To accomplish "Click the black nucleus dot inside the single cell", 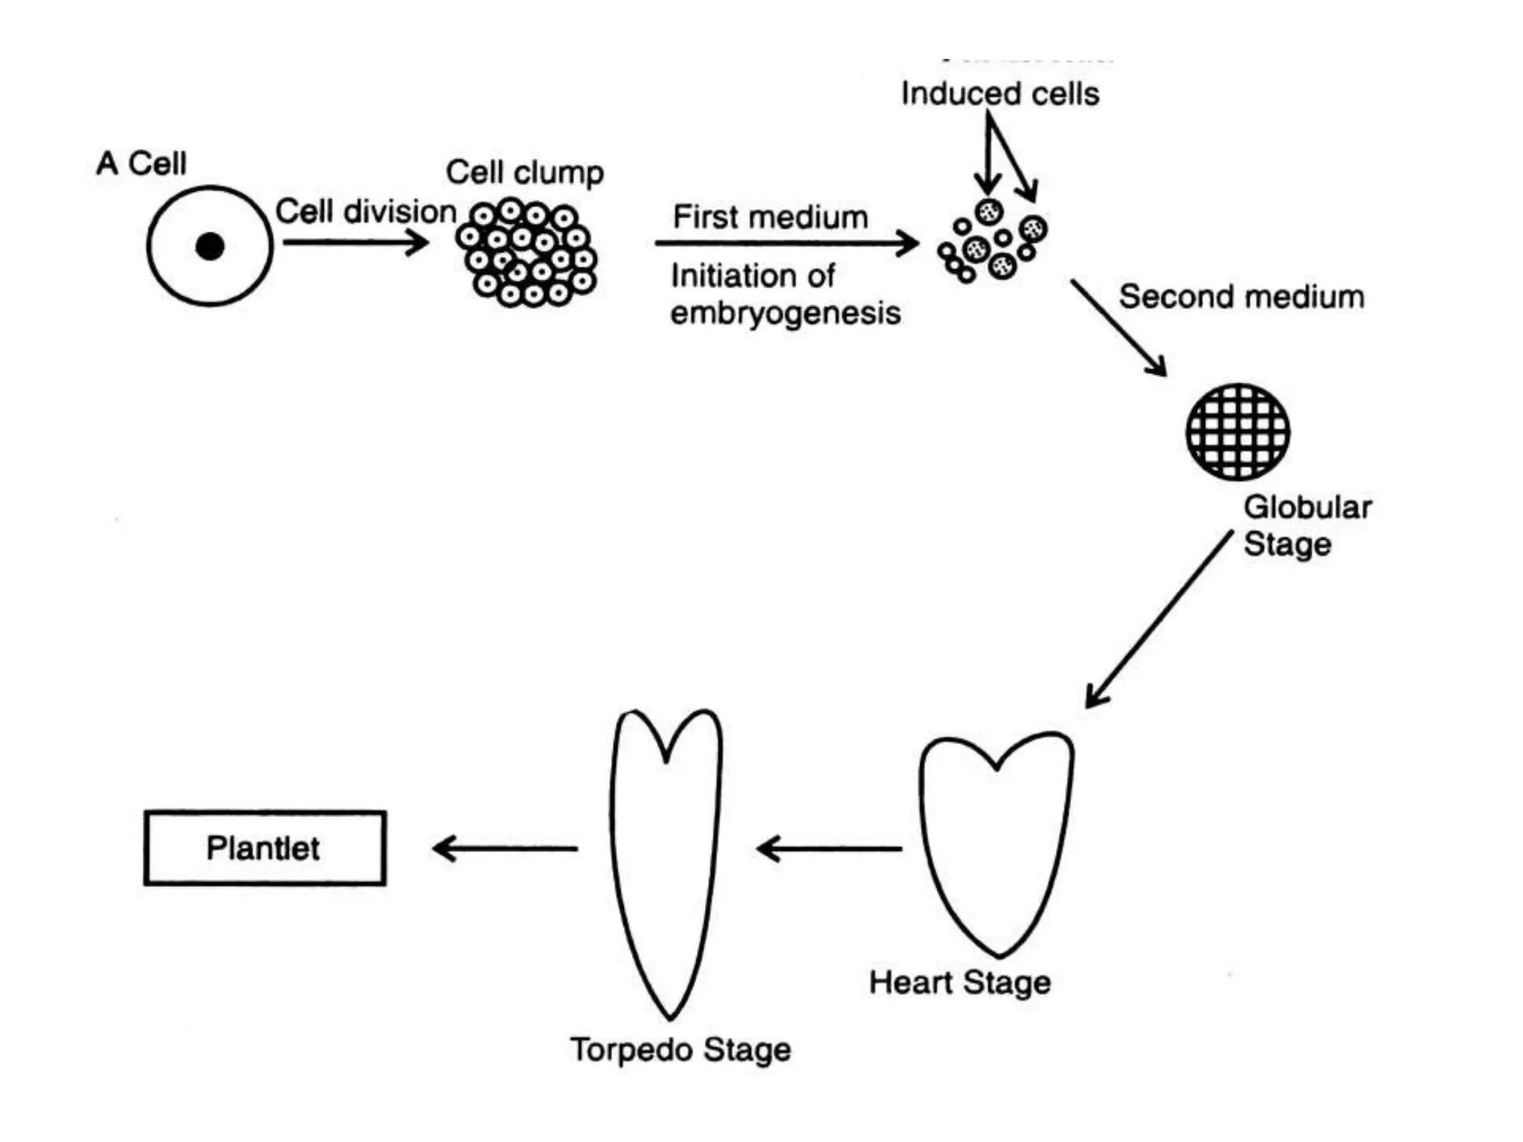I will click(210, 246).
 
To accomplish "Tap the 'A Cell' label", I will click(141, 164).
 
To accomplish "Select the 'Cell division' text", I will click(366, 212).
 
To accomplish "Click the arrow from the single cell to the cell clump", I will click(355, 242).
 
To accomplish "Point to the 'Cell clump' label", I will click(524, 172).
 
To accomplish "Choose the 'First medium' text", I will click(770, 218).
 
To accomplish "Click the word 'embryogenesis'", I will click(785, 313).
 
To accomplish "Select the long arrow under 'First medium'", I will click(786, 243).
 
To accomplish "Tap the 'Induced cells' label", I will click(999, 94).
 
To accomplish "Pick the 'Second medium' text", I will click(1241, 297).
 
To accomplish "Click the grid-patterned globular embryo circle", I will click(1237, 432).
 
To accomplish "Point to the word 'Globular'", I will click(1307, 508).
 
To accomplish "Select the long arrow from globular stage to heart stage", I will click(1159, 619).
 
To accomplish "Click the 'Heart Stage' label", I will click(959, 983).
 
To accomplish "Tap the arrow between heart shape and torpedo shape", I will click(829, 848).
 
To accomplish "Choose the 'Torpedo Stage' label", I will click(680, 1050).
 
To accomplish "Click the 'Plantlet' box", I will click(265, 848).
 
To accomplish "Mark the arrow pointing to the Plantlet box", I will click(505, 848).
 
